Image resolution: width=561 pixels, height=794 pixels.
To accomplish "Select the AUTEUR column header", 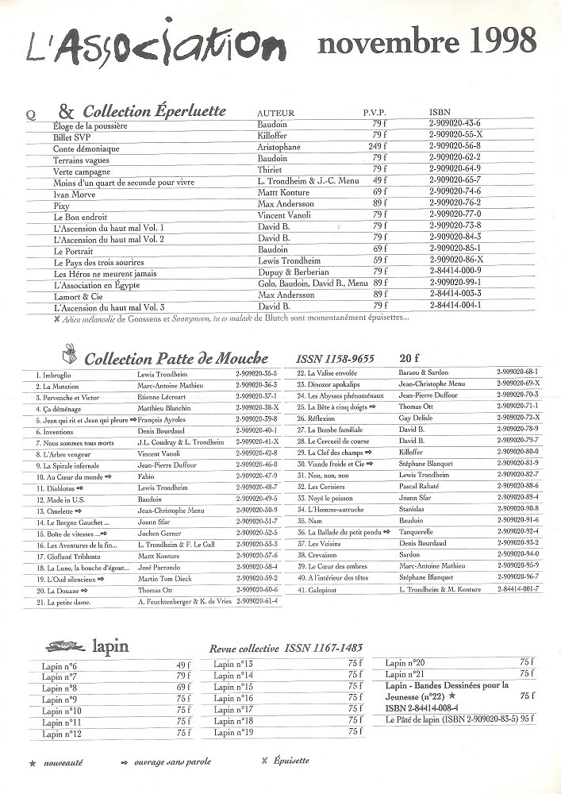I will pyautogui.click(x=276, y=114).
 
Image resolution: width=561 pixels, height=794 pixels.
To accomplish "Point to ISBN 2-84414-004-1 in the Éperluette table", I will pyautogui.click(x=455, y=304).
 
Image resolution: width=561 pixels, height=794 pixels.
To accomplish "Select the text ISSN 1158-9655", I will pyautogui.click(x=335, y=358).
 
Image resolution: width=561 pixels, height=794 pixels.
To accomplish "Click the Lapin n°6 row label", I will pyautogui.click(x=60, y=666).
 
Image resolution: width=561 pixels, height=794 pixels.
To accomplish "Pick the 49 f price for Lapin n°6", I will pyautogui.click(x=183, y=665).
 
